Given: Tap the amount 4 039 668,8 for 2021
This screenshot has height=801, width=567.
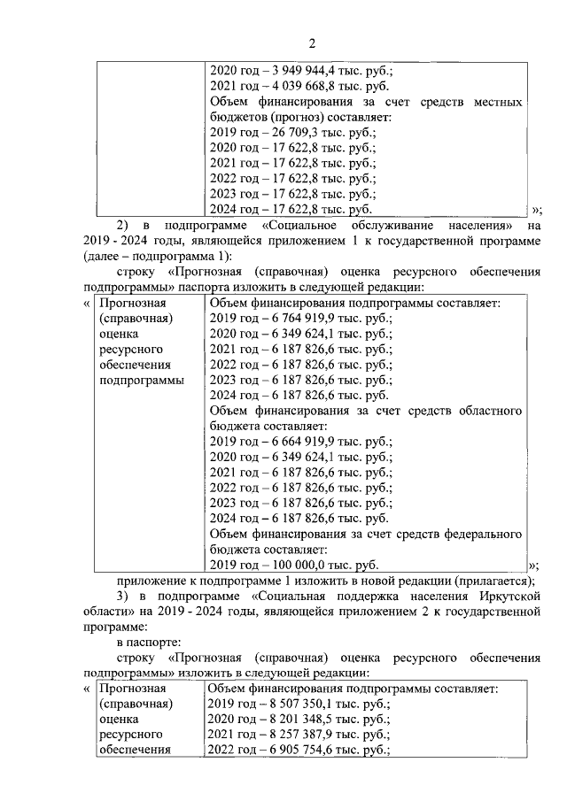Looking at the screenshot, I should (297, 88).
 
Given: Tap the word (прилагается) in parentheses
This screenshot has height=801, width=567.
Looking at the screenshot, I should (496, 581).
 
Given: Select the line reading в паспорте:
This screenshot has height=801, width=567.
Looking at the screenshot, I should (150, 642).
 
